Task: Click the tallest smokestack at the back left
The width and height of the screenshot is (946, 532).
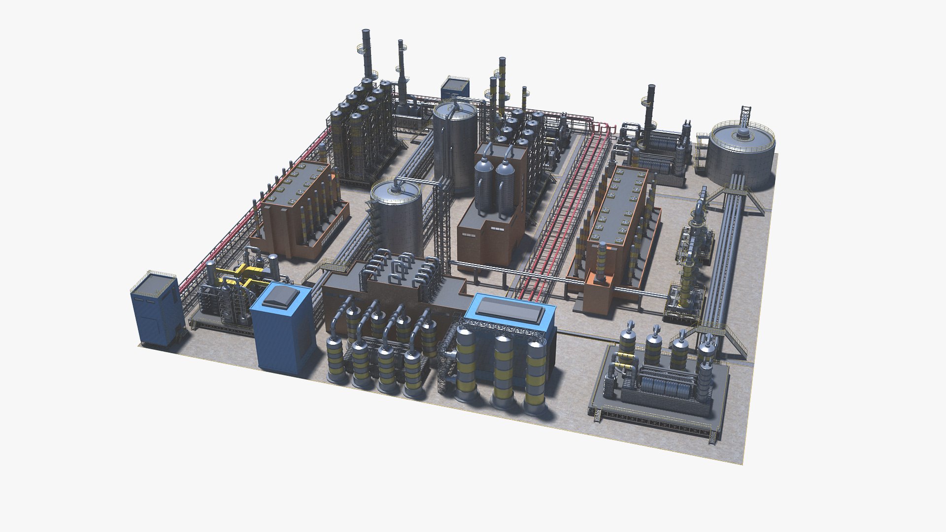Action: click(366, 54)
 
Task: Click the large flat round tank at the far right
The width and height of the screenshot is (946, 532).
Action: click(741, 153)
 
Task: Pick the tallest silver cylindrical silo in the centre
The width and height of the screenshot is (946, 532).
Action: click(455, 145)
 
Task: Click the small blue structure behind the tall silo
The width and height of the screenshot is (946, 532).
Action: click(455, 89)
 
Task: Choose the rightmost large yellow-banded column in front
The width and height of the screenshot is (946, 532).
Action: click(535, 374)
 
